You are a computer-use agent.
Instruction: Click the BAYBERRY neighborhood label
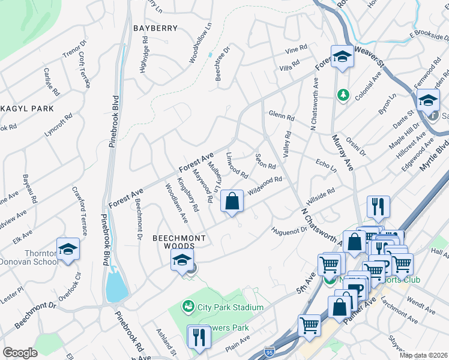(155, 28)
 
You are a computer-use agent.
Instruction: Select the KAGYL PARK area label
(27, 109)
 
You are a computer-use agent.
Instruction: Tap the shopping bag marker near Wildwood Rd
(232, 201)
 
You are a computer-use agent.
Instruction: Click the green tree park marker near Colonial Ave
(343, 95)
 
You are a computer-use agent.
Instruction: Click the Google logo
(20, 352)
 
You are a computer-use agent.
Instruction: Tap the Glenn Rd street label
(282, 115)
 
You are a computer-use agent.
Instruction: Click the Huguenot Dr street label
(289, 231)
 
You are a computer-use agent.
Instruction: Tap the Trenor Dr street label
(75, 51)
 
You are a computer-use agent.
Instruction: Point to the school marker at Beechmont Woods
(181, 259)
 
